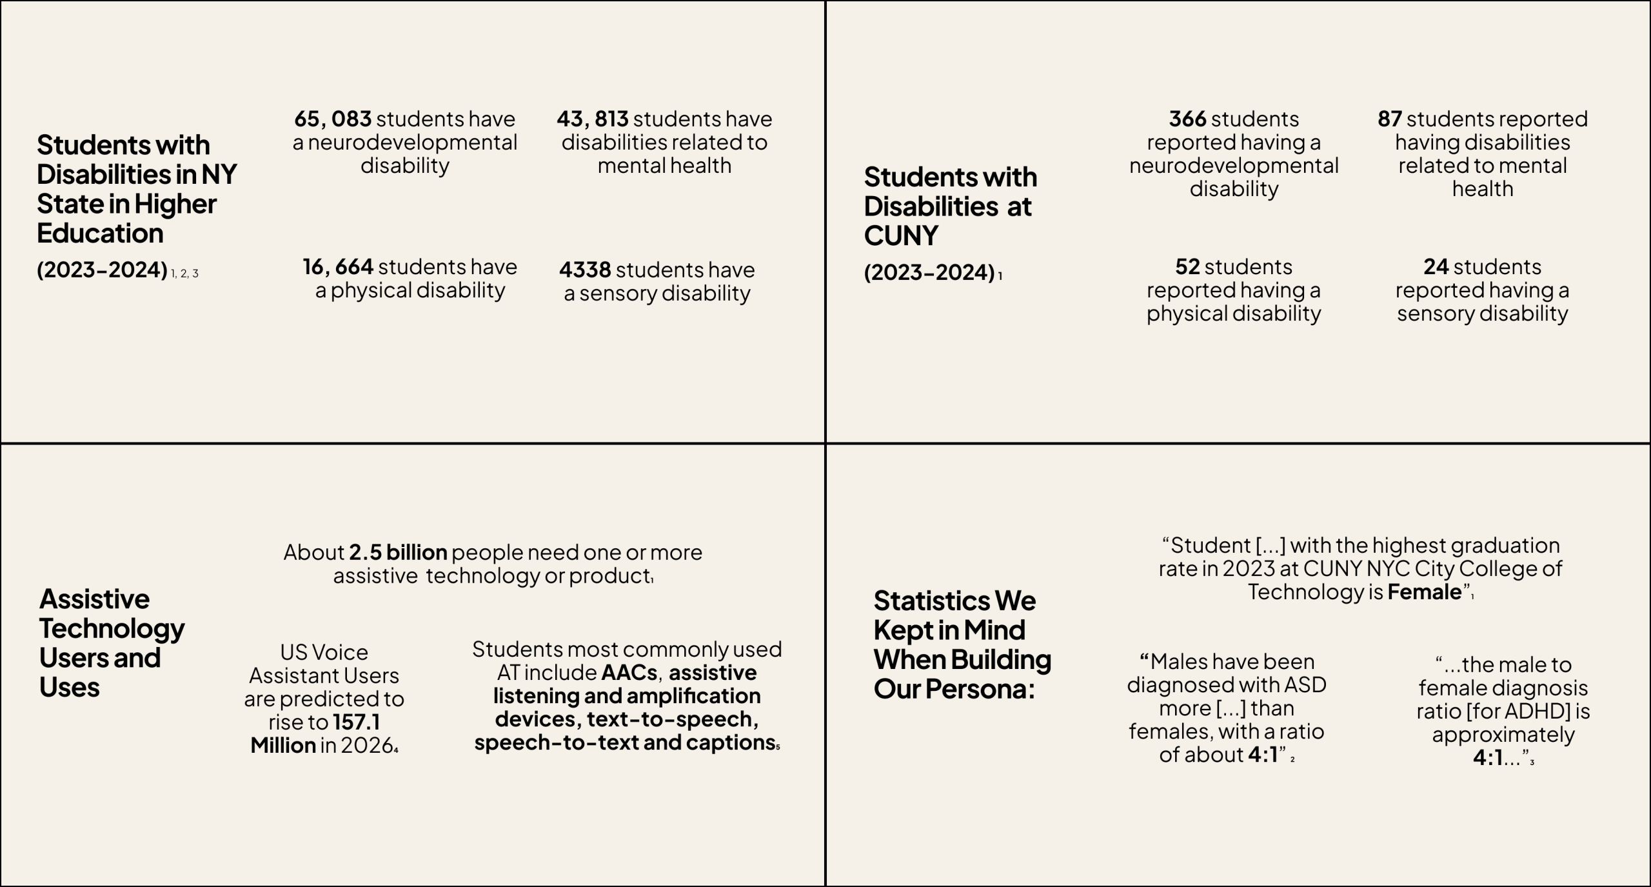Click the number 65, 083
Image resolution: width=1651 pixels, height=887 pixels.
(x=333, y=119)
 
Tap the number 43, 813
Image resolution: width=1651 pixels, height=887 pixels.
(x=592, y=119)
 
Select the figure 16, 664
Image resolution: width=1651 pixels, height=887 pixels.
(x=338, y=267)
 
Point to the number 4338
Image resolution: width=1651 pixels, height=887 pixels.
(x=584, y=270)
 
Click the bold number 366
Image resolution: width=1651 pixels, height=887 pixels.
(x=1187, y=119)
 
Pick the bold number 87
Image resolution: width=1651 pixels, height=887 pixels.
(x=1390, y=119)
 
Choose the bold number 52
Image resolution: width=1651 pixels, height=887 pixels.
(x=1187, y=267)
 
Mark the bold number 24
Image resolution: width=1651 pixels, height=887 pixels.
(x=1436, y=267)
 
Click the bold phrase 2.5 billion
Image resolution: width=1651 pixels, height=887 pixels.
(x=398, y=553)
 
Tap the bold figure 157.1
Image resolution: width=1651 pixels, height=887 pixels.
(x=356, y=723)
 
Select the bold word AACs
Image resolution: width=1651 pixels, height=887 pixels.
(x=629, y=673)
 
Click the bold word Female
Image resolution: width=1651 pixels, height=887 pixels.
(x=1424, y=592)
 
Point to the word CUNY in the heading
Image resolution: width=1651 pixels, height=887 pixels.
(x=900, y=236)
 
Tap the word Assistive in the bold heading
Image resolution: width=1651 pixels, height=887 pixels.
(x=94, y=599)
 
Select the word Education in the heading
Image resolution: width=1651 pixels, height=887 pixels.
(x=100, y=234)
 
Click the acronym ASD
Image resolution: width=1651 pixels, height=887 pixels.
(x=1305, y=685)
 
